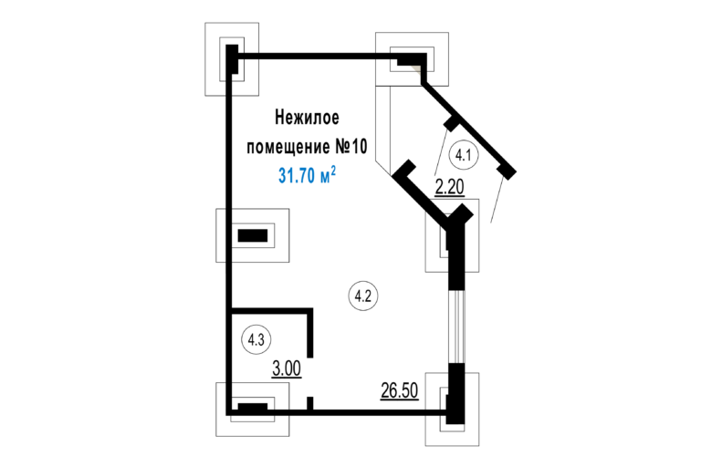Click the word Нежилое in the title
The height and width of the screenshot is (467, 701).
tap(307, 118)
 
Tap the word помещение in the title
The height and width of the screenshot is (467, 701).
tap(288, 147)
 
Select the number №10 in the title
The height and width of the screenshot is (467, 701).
tap(350, 146)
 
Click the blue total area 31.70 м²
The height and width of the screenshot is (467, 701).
tap(307, 175)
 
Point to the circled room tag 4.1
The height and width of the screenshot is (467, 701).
tap(464, 156)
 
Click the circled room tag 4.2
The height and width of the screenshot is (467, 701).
tap(363, 296)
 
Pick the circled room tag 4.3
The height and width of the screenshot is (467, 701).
tap(256, 339)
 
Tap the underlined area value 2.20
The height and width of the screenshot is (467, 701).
tap(450, 188)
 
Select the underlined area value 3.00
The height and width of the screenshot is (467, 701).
tap(287, 369)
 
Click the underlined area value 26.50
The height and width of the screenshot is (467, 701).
tap(400, 390)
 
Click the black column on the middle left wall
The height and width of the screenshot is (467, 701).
tap(253, 235)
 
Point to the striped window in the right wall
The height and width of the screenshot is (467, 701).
tap(456, 327)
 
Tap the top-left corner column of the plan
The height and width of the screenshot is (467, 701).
tap(232, 58)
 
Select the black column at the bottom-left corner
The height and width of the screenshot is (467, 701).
tap(253, 407)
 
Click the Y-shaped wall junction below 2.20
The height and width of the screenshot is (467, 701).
tap(456, 222)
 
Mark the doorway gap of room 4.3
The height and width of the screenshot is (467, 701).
tap(309, 378)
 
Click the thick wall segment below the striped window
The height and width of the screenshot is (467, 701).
tap(456, 393)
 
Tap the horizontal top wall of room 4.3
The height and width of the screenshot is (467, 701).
tap(271, 310)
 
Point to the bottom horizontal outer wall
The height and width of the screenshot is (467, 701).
tap(338, 412)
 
